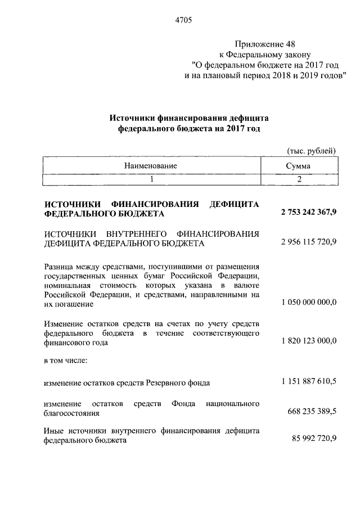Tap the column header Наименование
[x=151, y=165]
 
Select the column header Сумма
[x=298, y=165]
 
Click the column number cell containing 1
[x=151, y=179]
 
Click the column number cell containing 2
[x=299, y=179]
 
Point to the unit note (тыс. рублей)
[x=312, y=150]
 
